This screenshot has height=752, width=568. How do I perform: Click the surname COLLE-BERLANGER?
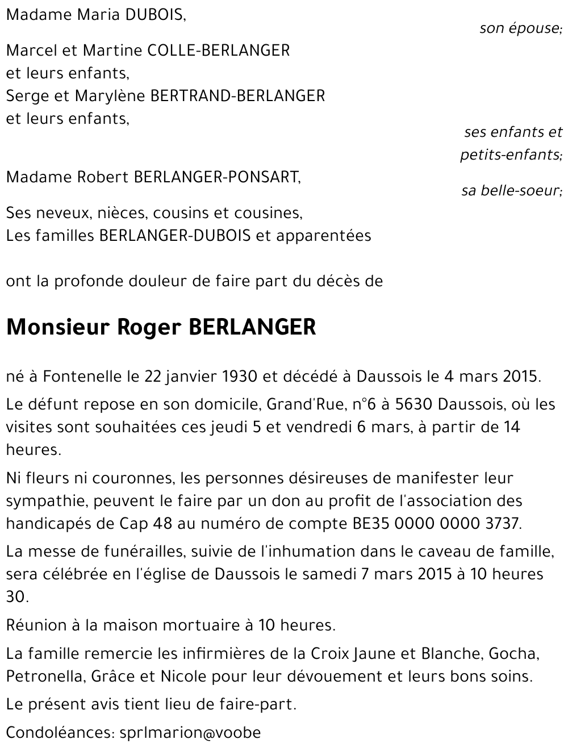click(219, 51)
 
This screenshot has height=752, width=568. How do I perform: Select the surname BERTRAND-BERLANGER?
click(237, 96)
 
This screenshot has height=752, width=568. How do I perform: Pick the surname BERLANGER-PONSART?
click(216, 177)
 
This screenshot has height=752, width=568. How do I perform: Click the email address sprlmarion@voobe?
click(190, 733)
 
